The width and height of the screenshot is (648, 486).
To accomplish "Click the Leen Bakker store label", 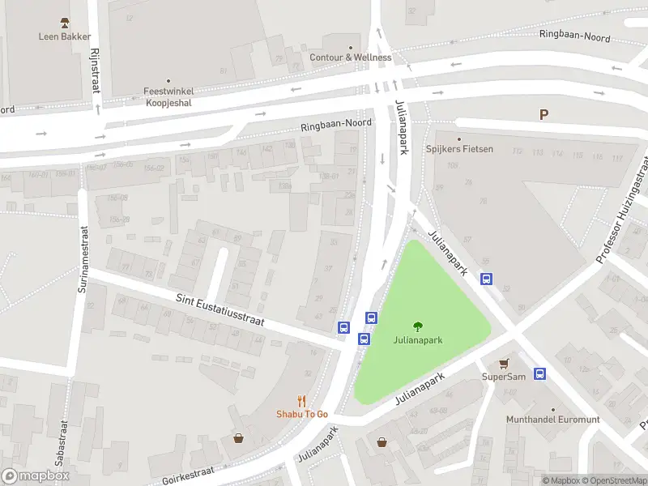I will [x=65, y=36].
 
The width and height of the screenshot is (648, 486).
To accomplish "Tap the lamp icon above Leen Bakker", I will [x=65, y=22].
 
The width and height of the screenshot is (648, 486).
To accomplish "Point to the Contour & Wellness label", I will [x=350, y=58].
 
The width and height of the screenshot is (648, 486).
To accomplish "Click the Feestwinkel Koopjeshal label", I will [x=168, y=98].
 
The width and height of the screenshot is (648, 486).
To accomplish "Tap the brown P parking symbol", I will [x=544, y=115].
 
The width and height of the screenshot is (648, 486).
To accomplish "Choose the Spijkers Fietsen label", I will [x=459, y=149].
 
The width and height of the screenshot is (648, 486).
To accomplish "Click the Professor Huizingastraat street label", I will [x=622, y=210].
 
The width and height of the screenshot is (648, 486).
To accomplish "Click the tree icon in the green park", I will [x=418, y=326].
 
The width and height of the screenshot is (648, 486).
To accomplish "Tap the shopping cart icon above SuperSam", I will [x=504, y=364].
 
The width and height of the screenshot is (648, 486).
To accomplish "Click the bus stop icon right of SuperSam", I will [x=540, y=374].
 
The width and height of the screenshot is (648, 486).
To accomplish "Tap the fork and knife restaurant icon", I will [x=301, y=400].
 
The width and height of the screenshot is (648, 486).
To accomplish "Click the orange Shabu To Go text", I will [x=301, y=414].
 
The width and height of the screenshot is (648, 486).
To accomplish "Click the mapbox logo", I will [x=35, y=476].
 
